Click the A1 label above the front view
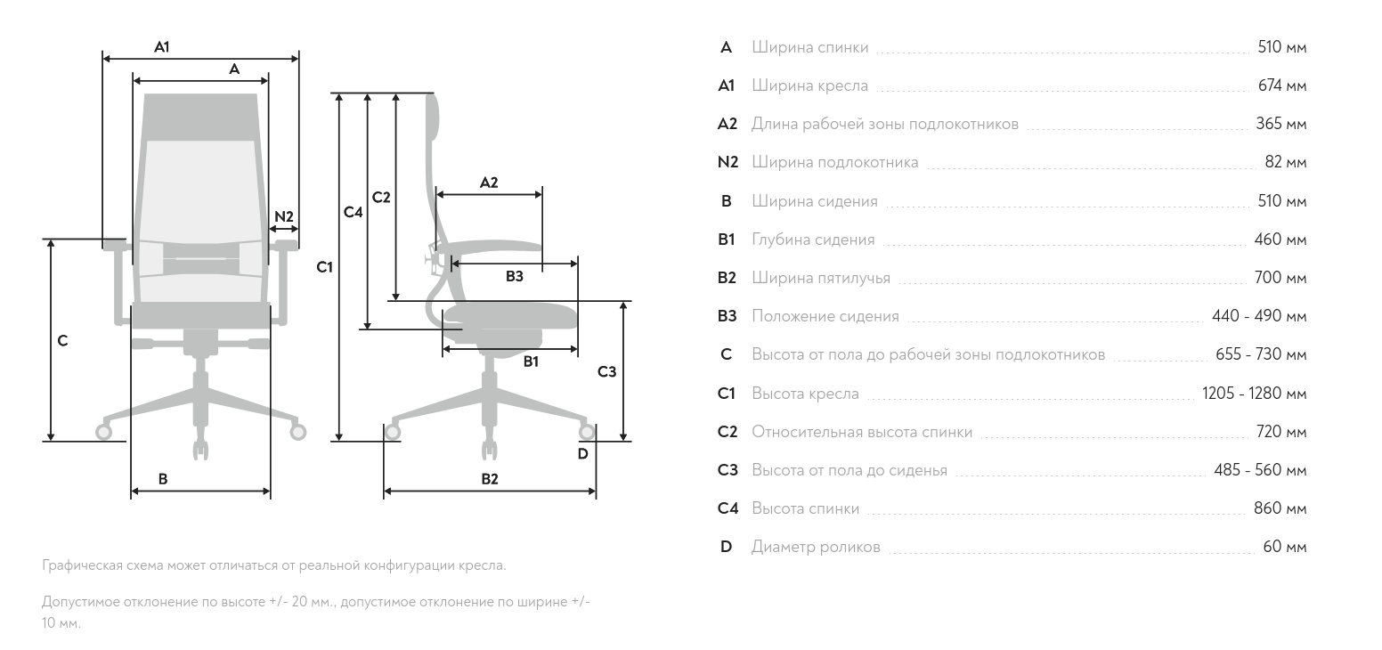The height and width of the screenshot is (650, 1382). pos(162,47)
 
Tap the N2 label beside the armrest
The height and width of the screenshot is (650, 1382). pos(284,216)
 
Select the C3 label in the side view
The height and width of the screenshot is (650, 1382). pos(607,372)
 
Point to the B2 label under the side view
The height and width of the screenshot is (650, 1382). pos(490,479)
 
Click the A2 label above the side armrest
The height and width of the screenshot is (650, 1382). pos(489,183)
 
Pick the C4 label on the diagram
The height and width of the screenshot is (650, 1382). pos(353,212)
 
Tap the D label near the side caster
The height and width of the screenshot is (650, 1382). pos(583,454)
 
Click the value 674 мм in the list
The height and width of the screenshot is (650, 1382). pos(1282,85)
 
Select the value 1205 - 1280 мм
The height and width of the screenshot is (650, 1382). pos(1255,393)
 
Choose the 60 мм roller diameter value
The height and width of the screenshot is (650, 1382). pos(1285,547)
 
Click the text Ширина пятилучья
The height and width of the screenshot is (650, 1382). pos(821,278)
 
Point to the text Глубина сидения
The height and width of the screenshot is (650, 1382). pos(813,240)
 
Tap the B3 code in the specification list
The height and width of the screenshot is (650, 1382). pos(728,316)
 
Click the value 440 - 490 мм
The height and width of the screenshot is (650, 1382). pos(1259,316)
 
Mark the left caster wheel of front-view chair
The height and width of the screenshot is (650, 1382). pos(103,432)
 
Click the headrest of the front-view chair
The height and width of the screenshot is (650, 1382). pos(200,118)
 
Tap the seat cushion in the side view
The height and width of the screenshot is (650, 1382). pos(511,316)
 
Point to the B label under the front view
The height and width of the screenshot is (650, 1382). pos(163,479)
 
